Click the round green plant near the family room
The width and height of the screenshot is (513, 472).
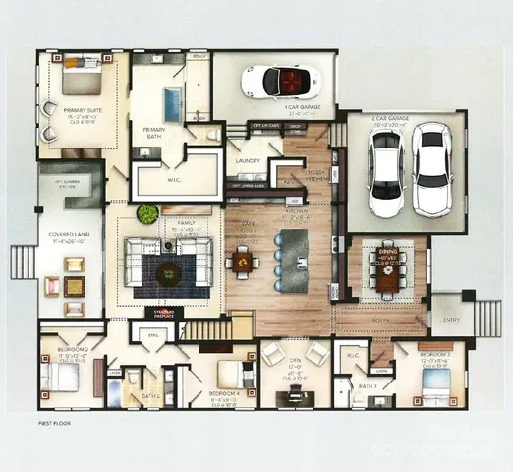147,213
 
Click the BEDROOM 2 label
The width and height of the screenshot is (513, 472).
75,349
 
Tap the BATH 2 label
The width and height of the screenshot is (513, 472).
149,395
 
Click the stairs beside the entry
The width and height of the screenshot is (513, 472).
485,317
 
